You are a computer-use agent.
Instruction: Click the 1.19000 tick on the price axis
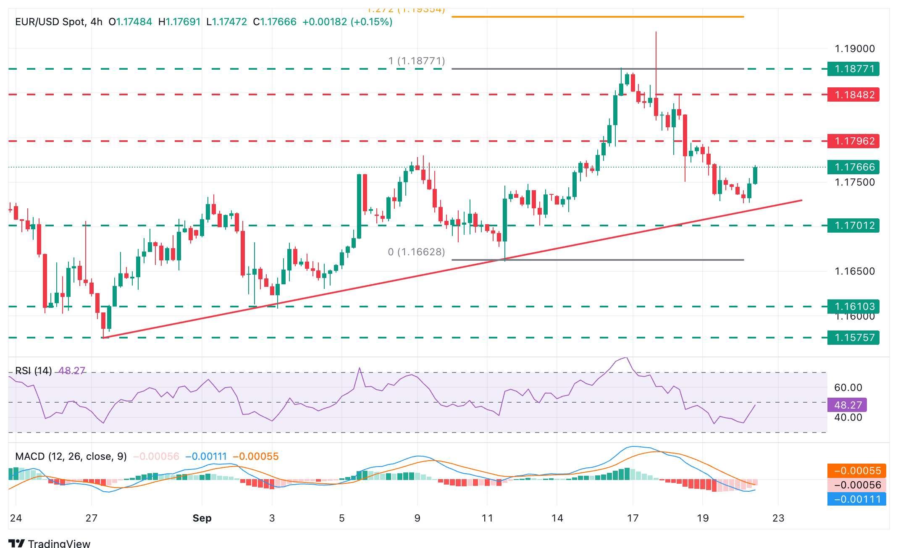click(854, 49)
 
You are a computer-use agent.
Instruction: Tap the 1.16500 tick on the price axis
click(854, 271)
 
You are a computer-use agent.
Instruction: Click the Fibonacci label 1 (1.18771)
click(416, 61)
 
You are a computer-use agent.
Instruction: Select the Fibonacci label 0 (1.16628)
click(416, 252)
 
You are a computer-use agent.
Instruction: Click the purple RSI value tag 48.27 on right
click(847, 405)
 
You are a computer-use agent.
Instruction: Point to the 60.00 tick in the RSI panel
click(848, 388)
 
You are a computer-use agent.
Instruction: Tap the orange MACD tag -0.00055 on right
click(856, 471)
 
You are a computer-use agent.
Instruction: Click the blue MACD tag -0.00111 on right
click(856, 499)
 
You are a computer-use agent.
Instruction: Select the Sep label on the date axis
click(202, 518)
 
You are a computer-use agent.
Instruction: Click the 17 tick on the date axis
click(633, 518)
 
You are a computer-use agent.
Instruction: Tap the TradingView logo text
click(59, 543)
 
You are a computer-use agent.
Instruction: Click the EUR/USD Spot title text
click(50, 22)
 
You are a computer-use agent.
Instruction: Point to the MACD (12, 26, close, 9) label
click(71, 456)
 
